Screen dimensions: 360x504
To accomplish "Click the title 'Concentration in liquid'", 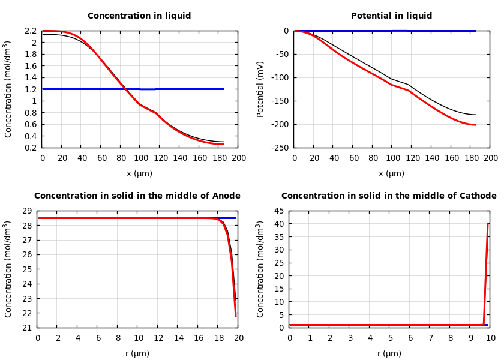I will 139,16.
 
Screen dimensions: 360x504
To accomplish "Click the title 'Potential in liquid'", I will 391,16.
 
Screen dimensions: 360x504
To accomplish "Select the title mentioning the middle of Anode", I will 137,196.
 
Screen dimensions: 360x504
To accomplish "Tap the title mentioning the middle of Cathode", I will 389,196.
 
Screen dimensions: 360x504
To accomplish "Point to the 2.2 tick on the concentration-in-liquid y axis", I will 31,31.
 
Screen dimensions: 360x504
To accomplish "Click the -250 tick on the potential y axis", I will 280,148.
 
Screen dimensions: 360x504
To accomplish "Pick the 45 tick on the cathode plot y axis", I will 279,211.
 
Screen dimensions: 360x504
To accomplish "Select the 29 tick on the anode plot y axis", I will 26,211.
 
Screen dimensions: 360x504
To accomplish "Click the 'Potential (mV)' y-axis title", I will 260,89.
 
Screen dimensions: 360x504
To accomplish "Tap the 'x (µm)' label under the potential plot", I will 391,173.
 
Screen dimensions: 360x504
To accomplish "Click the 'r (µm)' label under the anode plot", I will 137,353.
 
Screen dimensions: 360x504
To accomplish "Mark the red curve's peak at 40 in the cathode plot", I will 488,224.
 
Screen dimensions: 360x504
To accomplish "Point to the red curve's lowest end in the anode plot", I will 236,316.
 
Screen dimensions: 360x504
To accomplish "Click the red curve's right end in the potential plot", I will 475,125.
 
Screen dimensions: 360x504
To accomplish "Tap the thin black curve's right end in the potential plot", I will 475,115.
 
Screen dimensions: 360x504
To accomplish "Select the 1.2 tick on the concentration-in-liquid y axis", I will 31,89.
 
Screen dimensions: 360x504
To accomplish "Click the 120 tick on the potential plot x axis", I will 412,158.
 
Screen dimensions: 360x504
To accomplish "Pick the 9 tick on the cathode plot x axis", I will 470,338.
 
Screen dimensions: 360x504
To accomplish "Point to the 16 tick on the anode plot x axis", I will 198,338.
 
